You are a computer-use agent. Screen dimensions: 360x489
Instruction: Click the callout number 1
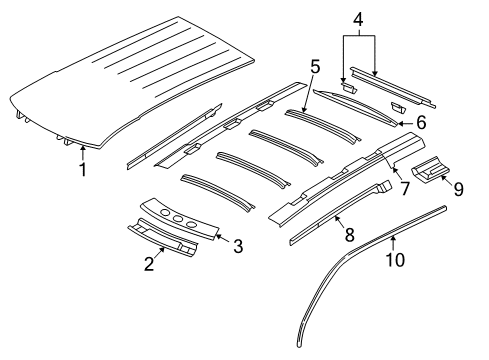coord(83,170)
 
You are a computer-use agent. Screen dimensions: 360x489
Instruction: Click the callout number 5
coord(314,69)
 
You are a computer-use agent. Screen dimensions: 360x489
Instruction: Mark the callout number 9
coord(458,187)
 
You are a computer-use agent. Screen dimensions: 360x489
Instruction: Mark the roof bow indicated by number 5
coord(320,125)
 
